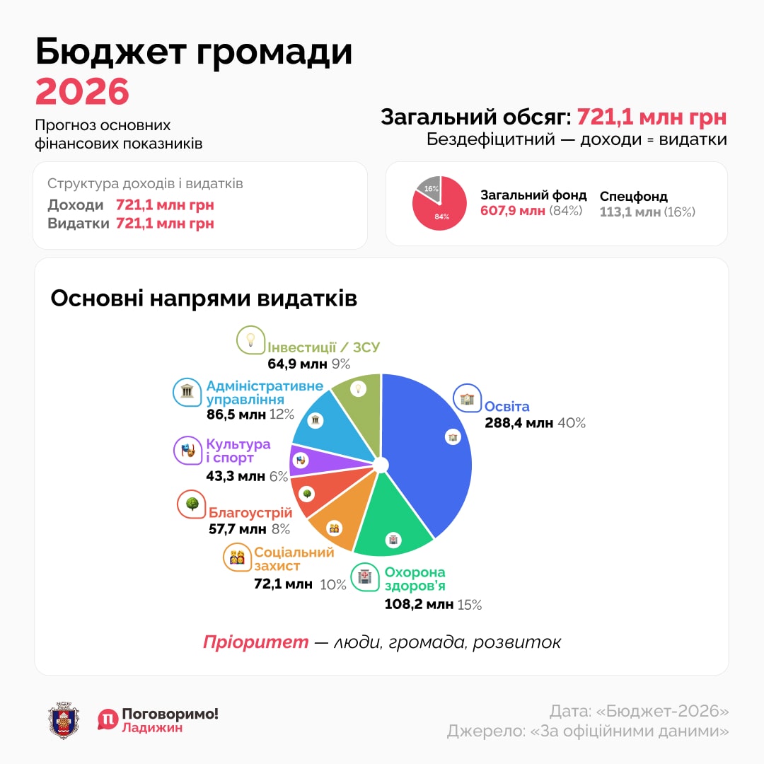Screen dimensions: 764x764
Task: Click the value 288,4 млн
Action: (x=519, y=423)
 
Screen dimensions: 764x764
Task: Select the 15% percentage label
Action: (x=470, y=605)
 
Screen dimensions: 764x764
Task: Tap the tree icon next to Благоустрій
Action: (x=191, y=504)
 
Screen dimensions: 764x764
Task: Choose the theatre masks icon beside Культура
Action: (x=187, y=451)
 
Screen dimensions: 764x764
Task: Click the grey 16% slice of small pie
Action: (x=429, y=188)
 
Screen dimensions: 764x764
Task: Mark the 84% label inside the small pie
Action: (x=441, y=216)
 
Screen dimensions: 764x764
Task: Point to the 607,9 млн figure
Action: (x=513, y=211)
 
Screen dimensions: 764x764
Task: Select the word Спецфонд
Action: (x=634, y=197)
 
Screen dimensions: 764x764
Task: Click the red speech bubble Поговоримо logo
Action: (x=108, y=719)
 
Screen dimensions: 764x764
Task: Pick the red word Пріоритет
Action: (x=255, y=642)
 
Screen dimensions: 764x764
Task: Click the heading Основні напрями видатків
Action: (x=204, y=299)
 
